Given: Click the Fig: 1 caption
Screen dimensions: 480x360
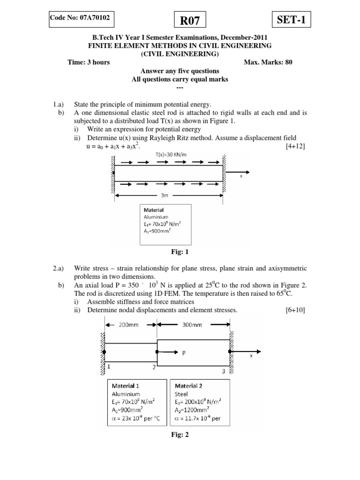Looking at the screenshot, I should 180,252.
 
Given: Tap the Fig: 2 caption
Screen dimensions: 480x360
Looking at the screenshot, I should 180,435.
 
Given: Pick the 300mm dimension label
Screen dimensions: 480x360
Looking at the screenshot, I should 192,324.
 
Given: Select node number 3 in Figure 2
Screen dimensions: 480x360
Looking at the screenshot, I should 223,372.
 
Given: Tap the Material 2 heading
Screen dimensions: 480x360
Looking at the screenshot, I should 189,386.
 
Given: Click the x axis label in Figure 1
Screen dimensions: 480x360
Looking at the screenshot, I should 241,176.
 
